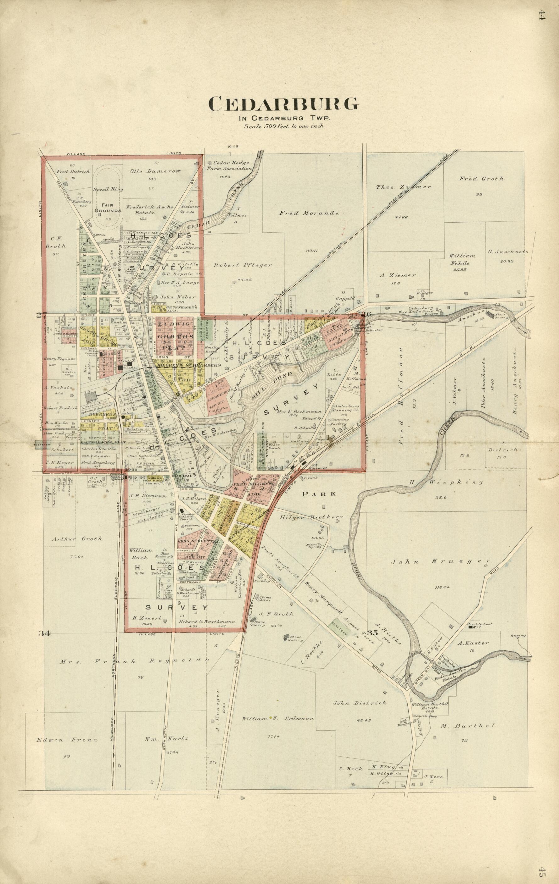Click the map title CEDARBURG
point(283,104)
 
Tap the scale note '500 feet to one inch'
point(283,126)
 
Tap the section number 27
point(40,315)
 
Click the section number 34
point(44,633)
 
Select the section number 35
point(372,633)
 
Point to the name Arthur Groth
point(77,539)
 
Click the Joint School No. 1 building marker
point(471,627)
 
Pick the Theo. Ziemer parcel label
point(403,187)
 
